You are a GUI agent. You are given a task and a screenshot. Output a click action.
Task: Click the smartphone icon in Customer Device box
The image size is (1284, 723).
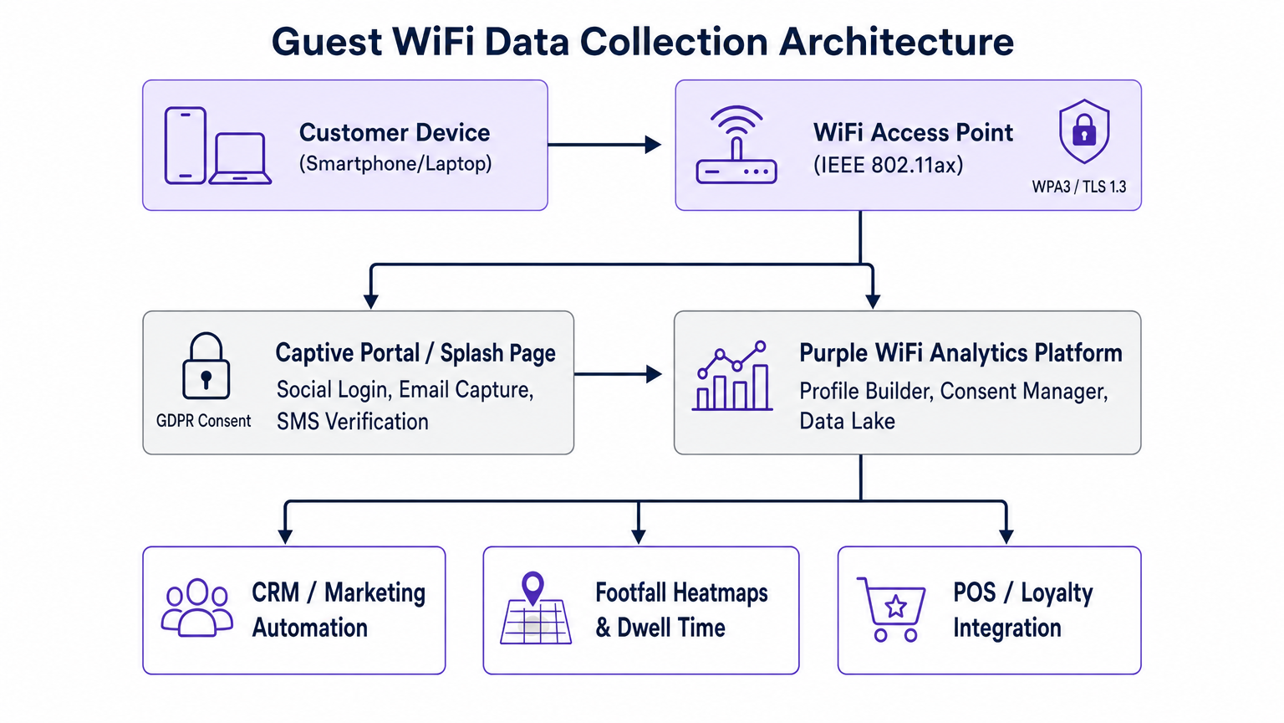(x=185, y=145)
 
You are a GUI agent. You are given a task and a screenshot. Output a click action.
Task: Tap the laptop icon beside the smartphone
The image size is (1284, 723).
(x=240, y=158)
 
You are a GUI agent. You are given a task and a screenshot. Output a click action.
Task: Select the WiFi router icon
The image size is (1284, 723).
(x=736, y=146)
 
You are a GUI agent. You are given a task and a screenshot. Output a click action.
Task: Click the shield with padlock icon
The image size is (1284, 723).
(x=1083, y=131)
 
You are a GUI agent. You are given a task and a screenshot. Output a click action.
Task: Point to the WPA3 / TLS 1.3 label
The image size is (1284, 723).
(x=1078, y=187)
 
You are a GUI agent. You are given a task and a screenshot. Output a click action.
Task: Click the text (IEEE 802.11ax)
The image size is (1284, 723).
(x=888, y=165)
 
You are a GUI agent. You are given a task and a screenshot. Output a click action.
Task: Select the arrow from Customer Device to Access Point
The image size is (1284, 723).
(x=604, y=145)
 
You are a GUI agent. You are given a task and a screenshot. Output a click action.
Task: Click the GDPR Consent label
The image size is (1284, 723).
(x=203, y=421)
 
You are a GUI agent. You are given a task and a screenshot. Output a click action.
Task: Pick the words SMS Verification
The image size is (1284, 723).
(x=352, y=422)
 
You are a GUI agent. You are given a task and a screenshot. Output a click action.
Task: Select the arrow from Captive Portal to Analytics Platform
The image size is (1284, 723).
(x=617, y=374)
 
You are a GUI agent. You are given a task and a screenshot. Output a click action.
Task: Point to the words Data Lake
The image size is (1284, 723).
(x=847, y=421)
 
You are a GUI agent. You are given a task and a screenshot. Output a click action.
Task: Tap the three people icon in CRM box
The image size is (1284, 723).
(x=197, y=608)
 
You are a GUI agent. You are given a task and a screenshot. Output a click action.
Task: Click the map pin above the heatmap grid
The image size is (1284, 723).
(x=532, y=587)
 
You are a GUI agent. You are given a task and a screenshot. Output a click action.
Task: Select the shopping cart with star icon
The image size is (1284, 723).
(x=892, y=608)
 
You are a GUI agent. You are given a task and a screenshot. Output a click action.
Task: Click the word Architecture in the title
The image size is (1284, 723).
(x=896, y=42)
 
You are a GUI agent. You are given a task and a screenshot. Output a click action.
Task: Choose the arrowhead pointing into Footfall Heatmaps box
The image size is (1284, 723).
(x=639, y=536)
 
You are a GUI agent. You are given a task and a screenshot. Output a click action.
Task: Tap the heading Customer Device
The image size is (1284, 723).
(x=394, y=132)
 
